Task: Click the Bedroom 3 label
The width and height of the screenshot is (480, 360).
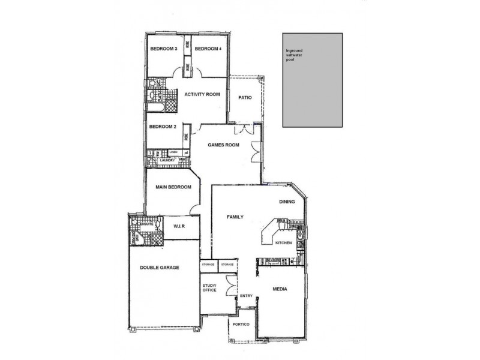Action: [163, 49]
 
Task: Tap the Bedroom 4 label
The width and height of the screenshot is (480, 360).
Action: [208, 49]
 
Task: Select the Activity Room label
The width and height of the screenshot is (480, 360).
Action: [202, 95]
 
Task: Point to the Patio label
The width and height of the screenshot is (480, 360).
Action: [244, 97]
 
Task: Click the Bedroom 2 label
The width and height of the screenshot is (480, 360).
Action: [162, 127]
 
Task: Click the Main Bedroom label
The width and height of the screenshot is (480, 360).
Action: [173, 187]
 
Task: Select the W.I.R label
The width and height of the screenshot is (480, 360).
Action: [178, 227]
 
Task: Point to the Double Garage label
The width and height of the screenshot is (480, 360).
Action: [160, 268]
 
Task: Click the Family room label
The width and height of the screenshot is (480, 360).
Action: [234, 217]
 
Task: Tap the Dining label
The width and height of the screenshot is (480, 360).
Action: [287, 202]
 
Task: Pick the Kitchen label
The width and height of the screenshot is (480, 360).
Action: [283, 243]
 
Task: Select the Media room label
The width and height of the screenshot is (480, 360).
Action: [279, 289]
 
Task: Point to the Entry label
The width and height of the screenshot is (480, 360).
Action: [246, 296]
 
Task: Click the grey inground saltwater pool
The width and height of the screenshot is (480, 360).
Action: [313, 80]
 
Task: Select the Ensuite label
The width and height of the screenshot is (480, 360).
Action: [147, 223]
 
